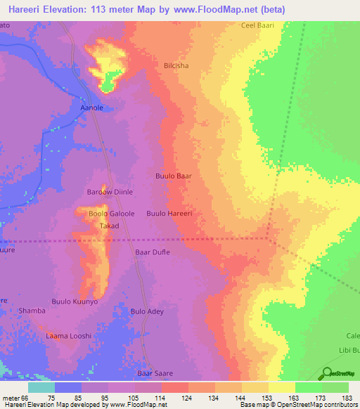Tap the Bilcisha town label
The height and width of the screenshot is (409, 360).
[176, 65]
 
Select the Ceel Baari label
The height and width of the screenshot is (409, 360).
[257, 25]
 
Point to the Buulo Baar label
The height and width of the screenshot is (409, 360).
[174, 176]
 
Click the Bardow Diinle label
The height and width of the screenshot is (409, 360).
[110, 192]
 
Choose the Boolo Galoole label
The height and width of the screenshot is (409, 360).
[110, 214]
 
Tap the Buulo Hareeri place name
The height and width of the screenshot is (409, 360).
[169, 213]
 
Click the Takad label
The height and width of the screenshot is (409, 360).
[108, 226]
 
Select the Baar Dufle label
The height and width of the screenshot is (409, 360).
[152, 252]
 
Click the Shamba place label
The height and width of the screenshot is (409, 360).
[32, 311]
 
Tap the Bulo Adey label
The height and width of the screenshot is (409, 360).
[148, 311]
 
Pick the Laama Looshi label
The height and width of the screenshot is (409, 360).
[69, 336]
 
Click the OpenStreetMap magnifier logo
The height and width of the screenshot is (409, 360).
[327, 373]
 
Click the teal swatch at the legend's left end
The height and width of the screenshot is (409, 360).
[41, 387]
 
